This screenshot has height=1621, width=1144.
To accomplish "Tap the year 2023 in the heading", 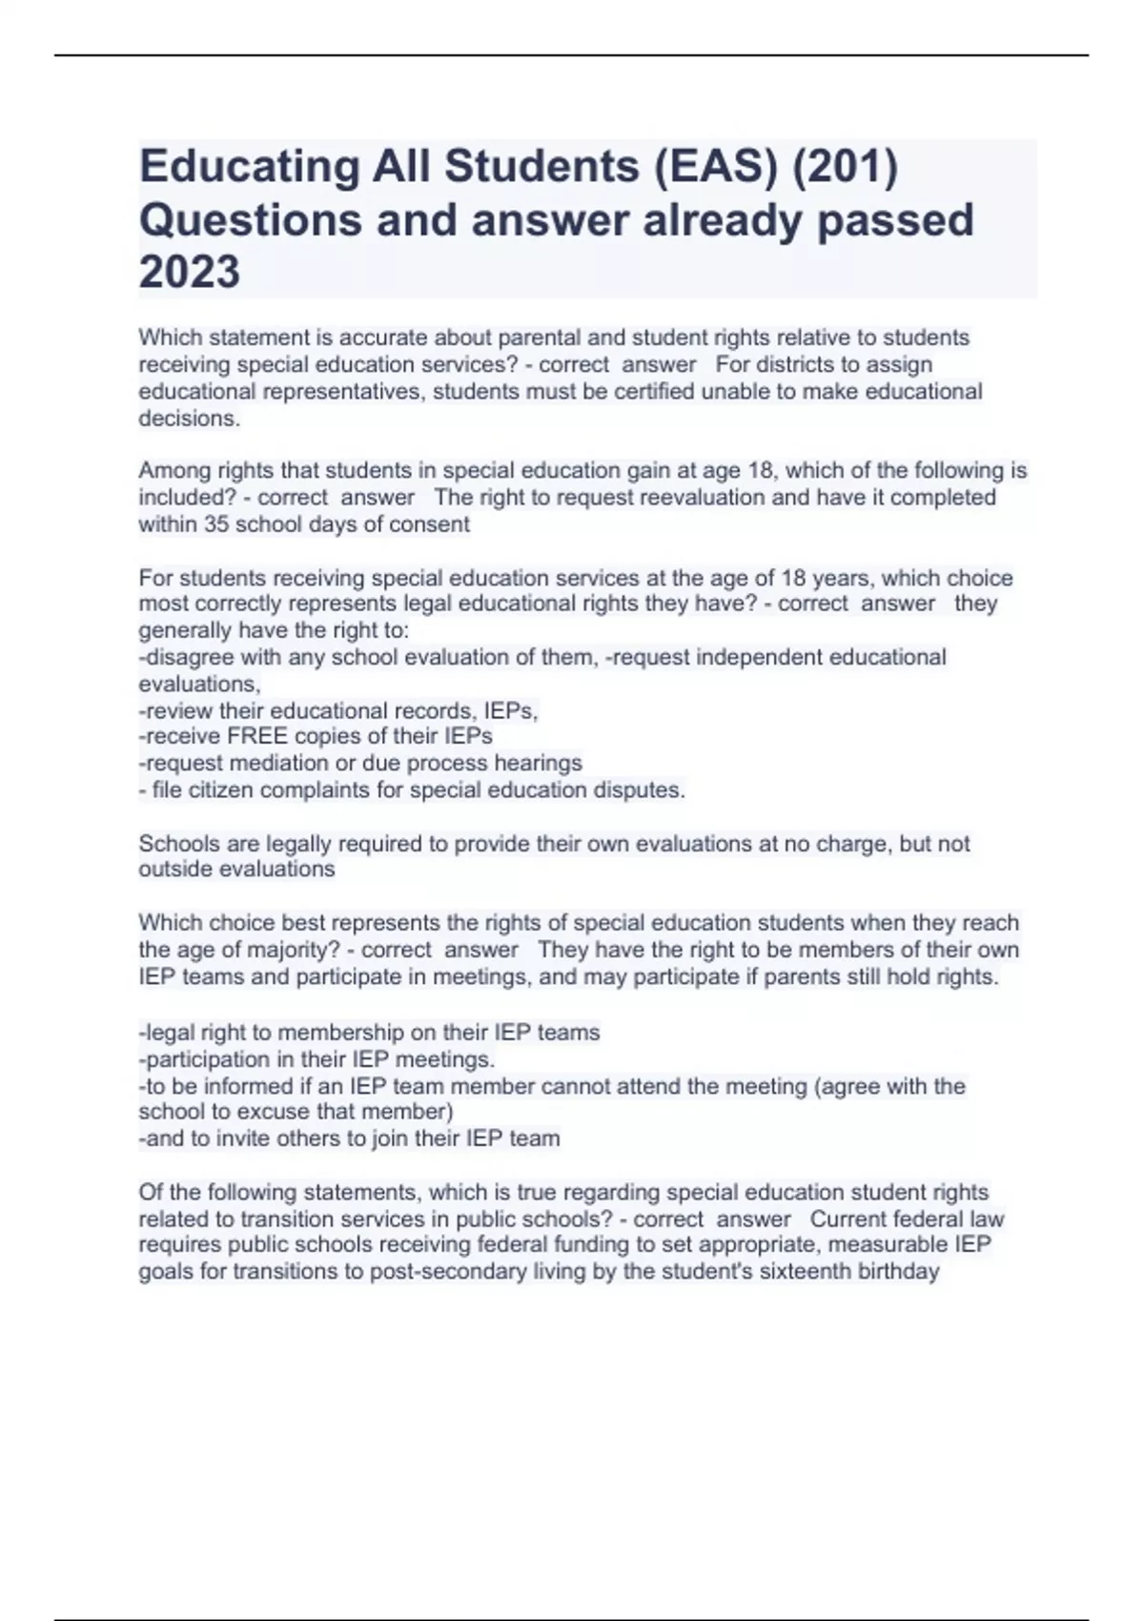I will [190, 273].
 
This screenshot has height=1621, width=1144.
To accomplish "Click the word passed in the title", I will [895, 220].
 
